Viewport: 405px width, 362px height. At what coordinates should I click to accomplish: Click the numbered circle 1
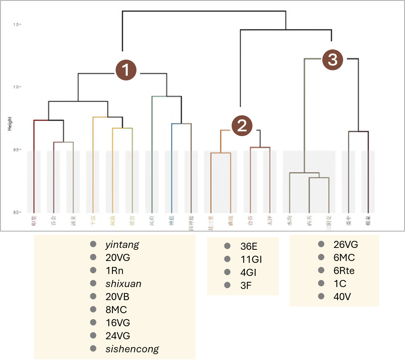[x=126, y=70]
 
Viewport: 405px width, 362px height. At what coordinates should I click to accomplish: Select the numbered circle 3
[x=332, y=60]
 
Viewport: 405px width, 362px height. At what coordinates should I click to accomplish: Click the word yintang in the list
[x=122, y=245]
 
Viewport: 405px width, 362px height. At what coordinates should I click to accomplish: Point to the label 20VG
[x=118, y=258]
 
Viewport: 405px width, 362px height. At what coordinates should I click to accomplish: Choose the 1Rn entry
[x=114, y=271]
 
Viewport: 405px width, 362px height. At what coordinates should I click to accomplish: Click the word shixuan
[x=123, y=284]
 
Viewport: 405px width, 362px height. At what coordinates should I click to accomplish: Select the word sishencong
[x=132, y=349]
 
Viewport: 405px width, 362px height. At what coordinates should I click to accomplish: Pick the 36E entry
[x=249, y=246]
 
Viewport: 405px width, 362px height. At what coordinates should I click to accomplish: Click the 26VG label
[x=346, y=245]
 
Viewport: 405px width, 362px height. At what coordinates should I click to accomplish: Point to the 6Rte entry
[x=344, y=271]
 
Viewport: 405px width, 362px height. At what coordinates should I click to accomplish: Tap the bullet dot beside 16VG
[x=93, y=323]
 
